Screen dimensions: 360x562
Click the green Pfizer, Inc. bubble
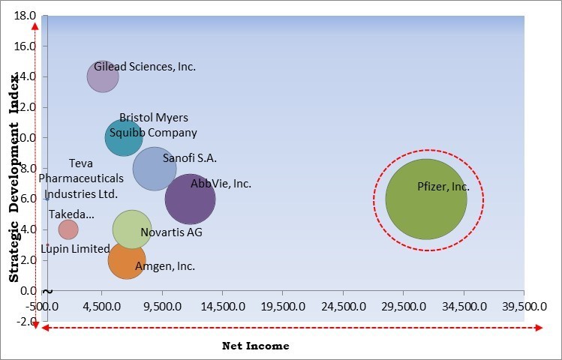(426, 199)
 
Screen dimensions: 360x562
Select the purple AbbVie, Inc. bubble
(190, 199)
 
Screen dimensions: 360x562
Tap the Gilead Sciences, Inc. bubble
(102, 76)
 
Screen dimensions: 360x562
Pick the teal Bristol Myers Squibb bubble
(124, 137)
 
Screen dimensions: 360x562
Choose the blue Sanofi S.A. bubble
(154, 168)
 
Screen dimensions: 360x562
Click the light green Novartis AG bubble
(132, 229)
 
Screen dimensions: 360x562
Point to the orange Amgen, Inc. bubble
(126, 259)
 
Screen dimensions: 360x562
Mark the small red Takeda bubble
(68, 229)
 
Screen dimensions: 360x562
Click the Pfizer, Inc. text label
(442, 187)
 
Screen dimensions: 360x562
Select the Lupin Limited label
(75, 249)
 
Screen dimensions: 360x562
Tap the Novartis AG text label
(171, 232)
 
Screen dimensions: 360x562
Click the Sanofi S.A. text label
(189, 158)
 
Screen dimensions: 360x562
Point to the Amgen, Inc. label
(165, 265)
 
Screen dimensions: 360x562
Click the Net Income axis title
(255, 346)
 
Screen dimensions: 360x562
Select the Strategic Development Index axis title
(14, 193)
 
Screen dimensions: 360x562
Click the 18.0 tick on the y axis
(25, 15)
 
